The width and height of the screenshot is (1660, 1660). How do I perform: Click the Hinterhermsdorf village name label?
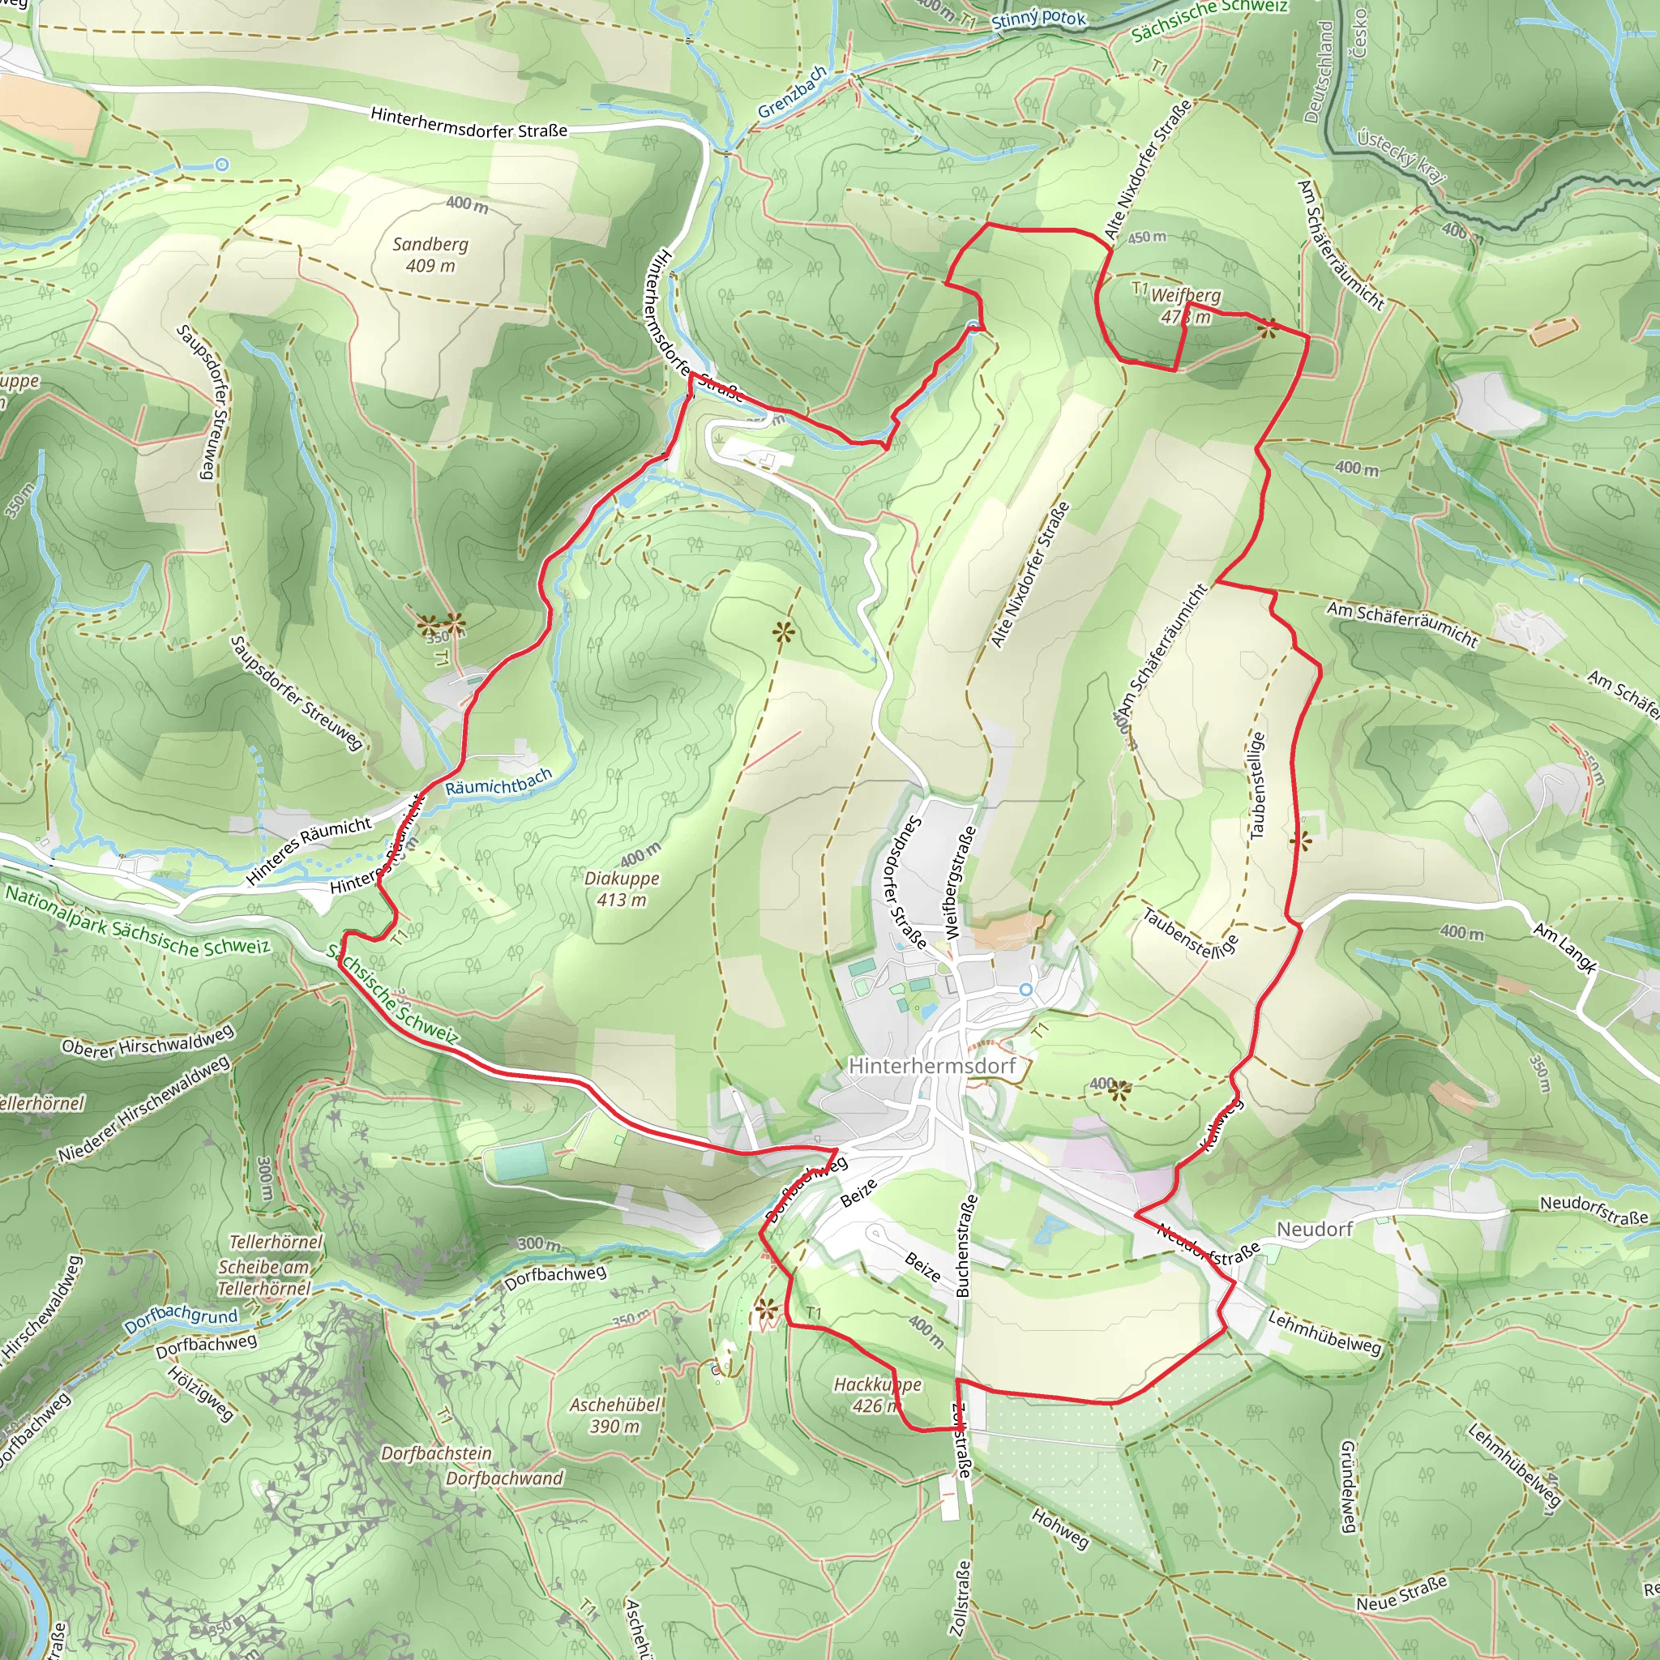[931, 1065]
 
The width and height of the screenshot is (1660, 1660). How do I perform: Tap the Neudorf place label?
[1315, 1230]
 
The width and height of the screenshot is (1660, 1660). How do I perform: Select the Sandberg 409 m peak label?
[430, 255]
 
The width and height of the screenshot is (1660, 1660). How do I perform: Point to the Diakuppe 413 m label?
[621, 888]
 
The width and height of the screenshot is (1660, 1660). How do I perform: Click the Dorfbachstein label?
[437, 1453]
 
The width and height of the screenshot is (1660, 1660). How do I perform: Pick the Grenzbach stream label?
[791, 92]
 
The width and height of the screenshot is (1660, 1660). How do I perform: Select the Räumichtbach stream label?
[498, 782]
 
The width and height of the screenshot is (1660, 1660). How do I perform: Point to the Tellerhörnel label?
[276, 1242]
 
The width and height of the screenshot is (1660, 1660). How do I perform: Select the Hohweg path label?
[1059, 1530]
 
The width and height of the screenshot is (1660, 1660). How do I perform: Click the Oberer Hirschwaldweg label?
[147, 1041]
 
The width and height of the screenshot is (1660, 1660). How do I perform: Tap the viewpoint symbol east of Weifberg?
[1269, 327]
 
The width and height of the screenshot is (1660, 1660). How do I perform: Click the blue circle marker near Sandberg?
[223, 164]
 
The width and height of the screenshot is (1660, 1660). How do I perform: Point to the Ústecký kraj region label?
[1401, 155]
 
